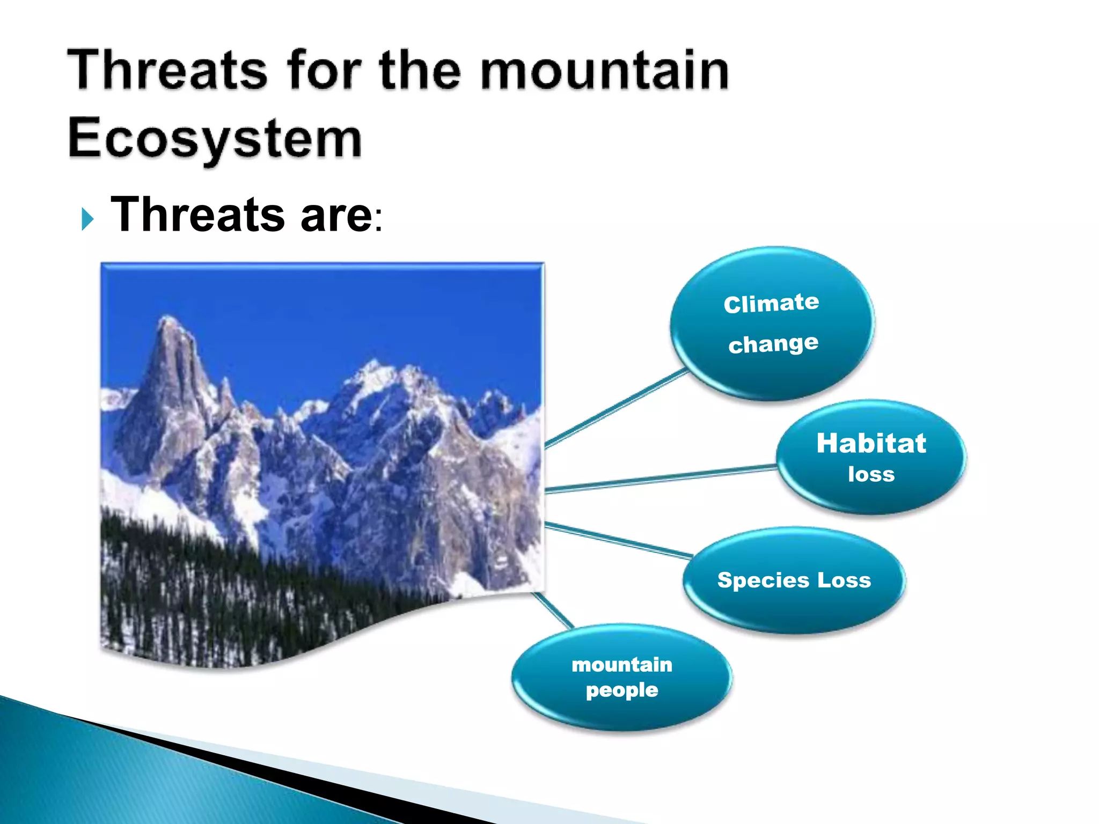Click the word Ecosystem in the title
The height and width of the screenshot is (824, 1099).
point(215,138)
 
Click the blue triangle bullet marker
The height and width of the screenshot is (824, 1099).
point(87,219)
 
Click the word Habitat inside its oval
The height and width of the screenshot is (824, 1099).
point(871,443)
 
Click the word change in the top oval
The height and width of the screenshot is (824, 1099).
point(773,343)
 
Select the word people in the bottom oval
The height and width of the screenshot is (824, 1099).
point(621,690)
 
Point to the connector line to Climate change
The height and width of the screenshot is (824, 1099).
point(617,408)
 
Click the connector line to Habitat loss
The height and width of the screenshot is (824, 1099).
point(660,479)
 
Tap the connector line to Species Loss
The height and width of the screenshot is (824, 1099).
point(617,540)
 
